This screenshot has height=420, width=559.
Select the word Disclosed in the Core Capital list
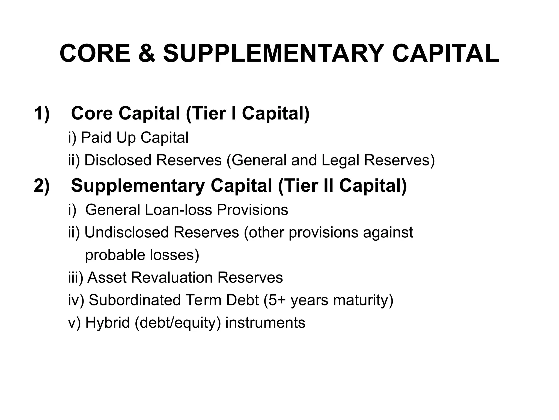[x=118, y=160]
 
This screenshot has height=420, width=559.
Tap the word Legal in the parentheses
[x=340, y=160]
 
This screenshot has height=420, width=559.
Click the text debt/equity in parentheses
[x=178, y=323]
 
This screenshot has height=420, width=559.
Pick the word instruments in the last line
[x=265, y=323]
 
